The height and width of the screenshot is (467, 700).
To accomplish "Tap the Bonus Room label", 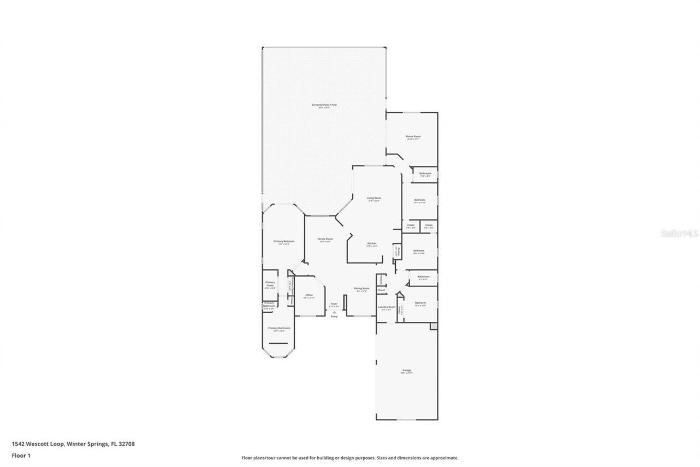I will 413,136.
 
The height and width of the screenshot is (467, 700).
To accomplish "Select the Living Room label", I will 374,198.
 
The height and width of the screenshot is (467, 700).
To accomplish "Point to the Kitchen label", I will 372,243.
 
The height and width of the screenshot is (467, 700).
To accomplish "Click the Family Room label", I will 325,239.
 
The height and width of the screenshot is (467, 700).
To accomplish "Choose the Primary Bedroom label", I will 284,241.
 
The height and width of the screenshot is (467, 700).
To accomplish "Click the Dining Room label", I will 362,289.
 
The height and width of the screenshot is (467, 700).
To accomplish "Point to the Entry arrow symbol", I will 334,312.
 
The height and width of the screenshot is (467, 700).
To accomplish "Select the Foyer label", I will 334,304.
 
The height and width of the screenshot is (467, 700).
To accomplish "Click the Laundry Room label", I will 386,307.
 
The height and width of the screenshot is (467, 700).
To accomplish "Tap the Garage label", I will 406,371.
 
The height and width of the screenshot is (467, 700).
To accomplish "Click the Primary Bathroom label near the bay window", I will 279,328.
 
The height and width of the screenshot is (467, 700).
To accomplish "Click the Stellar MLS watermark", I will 679,233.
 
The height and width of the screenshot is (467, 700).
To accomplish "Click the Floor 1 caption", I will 21,455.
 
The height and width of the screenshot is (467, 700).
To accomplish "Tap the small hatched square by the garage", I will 434,326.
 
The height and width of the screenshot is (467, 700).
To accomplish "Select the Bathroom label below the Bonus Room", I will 425,174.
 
